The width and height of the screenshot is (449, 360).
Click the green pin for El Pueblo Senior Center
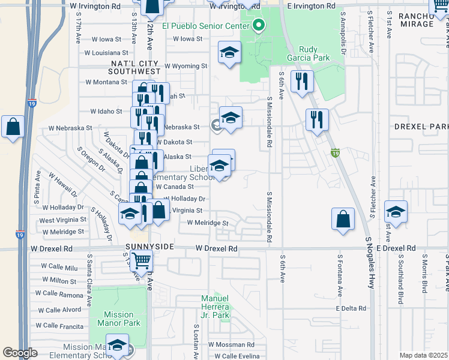point(259,25)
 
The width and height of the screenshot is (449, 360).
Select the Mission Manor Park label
point(118,319)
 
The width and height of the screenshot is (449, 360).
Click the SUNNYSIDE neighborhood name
point(150,247)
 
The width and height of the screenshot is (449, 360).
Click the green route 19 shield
point(335,154)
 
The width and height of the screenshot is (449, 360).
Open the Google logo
point(20,353)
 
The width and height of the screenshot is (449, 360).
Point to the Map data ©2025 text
point(424,355)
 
